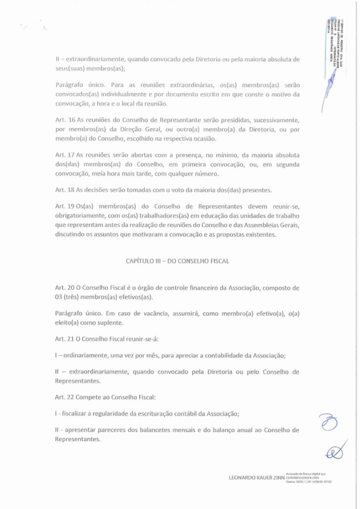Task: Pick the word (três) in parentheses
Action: (74, 297)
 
